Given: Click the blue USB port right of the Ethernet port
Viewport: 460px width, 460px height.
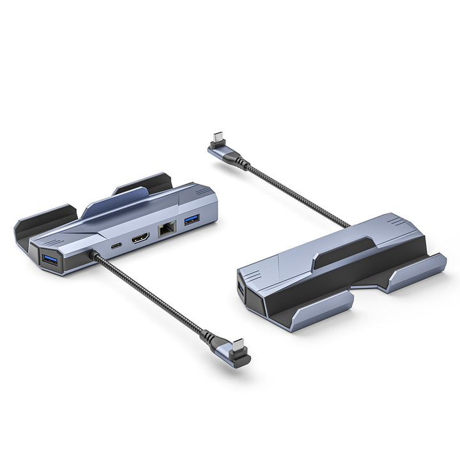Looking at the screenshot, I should point(191,221).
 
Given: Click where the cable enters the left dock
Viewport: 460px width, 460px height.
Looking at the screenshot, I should point(95,255).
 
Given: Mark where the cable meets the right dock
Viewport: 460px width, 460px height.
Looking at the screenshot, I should point(348,226).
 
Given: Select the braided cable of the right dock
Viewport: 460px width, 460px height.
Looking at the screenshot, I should point(294,192).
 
